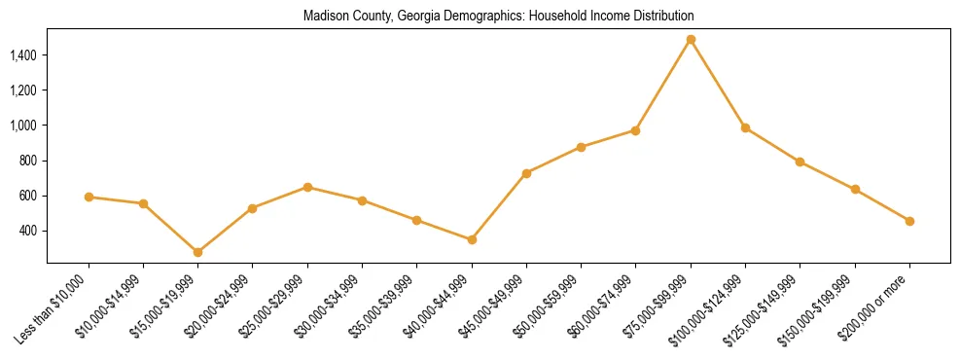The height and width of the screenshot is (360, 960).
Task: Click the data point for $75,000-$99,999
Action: pos(691,40)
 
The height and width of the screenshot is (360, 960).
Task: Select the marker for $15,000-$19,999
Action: pos(197,252)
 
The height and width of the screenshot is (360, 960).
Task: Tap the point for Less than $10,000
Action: pos(89,197)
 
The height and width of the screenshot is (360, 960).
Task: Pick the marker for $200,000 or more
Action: pos(909,221)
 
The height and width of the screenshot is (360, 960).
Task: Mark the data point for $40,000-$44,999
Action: pos(472,239)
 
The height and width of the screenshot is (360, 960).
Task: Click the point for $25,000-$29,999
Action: pos(307,187)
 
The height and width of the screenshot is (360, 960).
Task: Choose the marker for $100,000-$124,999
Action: pos(745,127)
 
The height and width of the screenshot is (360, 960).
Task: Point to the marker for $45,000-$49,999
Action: pos(526,173)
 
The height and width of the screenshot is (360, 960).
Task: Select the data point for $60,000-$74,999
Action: pos(635,130)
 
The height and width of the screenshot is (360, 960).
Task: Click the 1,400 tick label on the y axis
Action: pos(23,55)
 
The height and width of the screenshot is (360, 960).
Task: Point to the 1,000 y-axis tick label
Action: pos(23,126)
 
